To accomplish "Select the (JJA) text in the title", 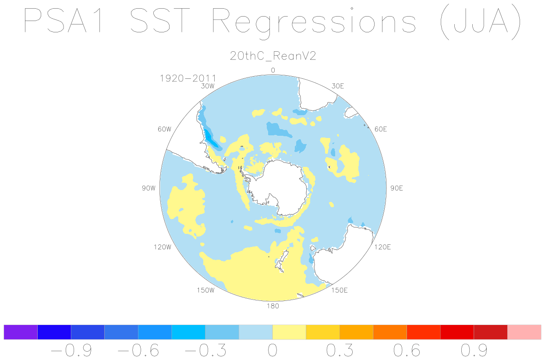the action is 481,21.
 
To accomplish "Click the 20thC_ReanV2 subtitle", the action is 273,56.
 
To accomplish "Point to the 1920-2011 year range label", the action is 188,78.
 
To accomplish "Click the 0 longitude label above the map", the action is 273,71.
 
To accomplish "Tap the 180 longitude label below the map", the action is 273,306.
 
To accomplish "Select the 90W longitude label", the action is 149,188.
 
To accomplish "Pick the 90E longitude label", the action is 396,188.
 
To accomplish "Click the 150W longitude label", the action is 205,290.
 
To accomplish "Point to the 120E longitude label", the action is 382,247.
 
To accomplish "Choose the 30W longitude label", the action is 208,86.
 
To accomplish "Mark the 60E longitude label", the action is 381,129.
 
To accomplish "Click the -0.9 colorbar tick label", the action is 71,350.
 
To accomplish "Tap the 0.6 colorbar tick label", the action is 407,350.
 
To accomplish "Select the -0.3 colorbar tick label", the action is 205,350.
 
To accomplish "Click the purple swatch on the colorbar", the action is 21,332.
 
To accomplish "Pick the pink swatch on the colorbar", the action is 524,332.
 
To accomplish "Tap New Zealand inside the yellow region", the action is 282,261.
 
